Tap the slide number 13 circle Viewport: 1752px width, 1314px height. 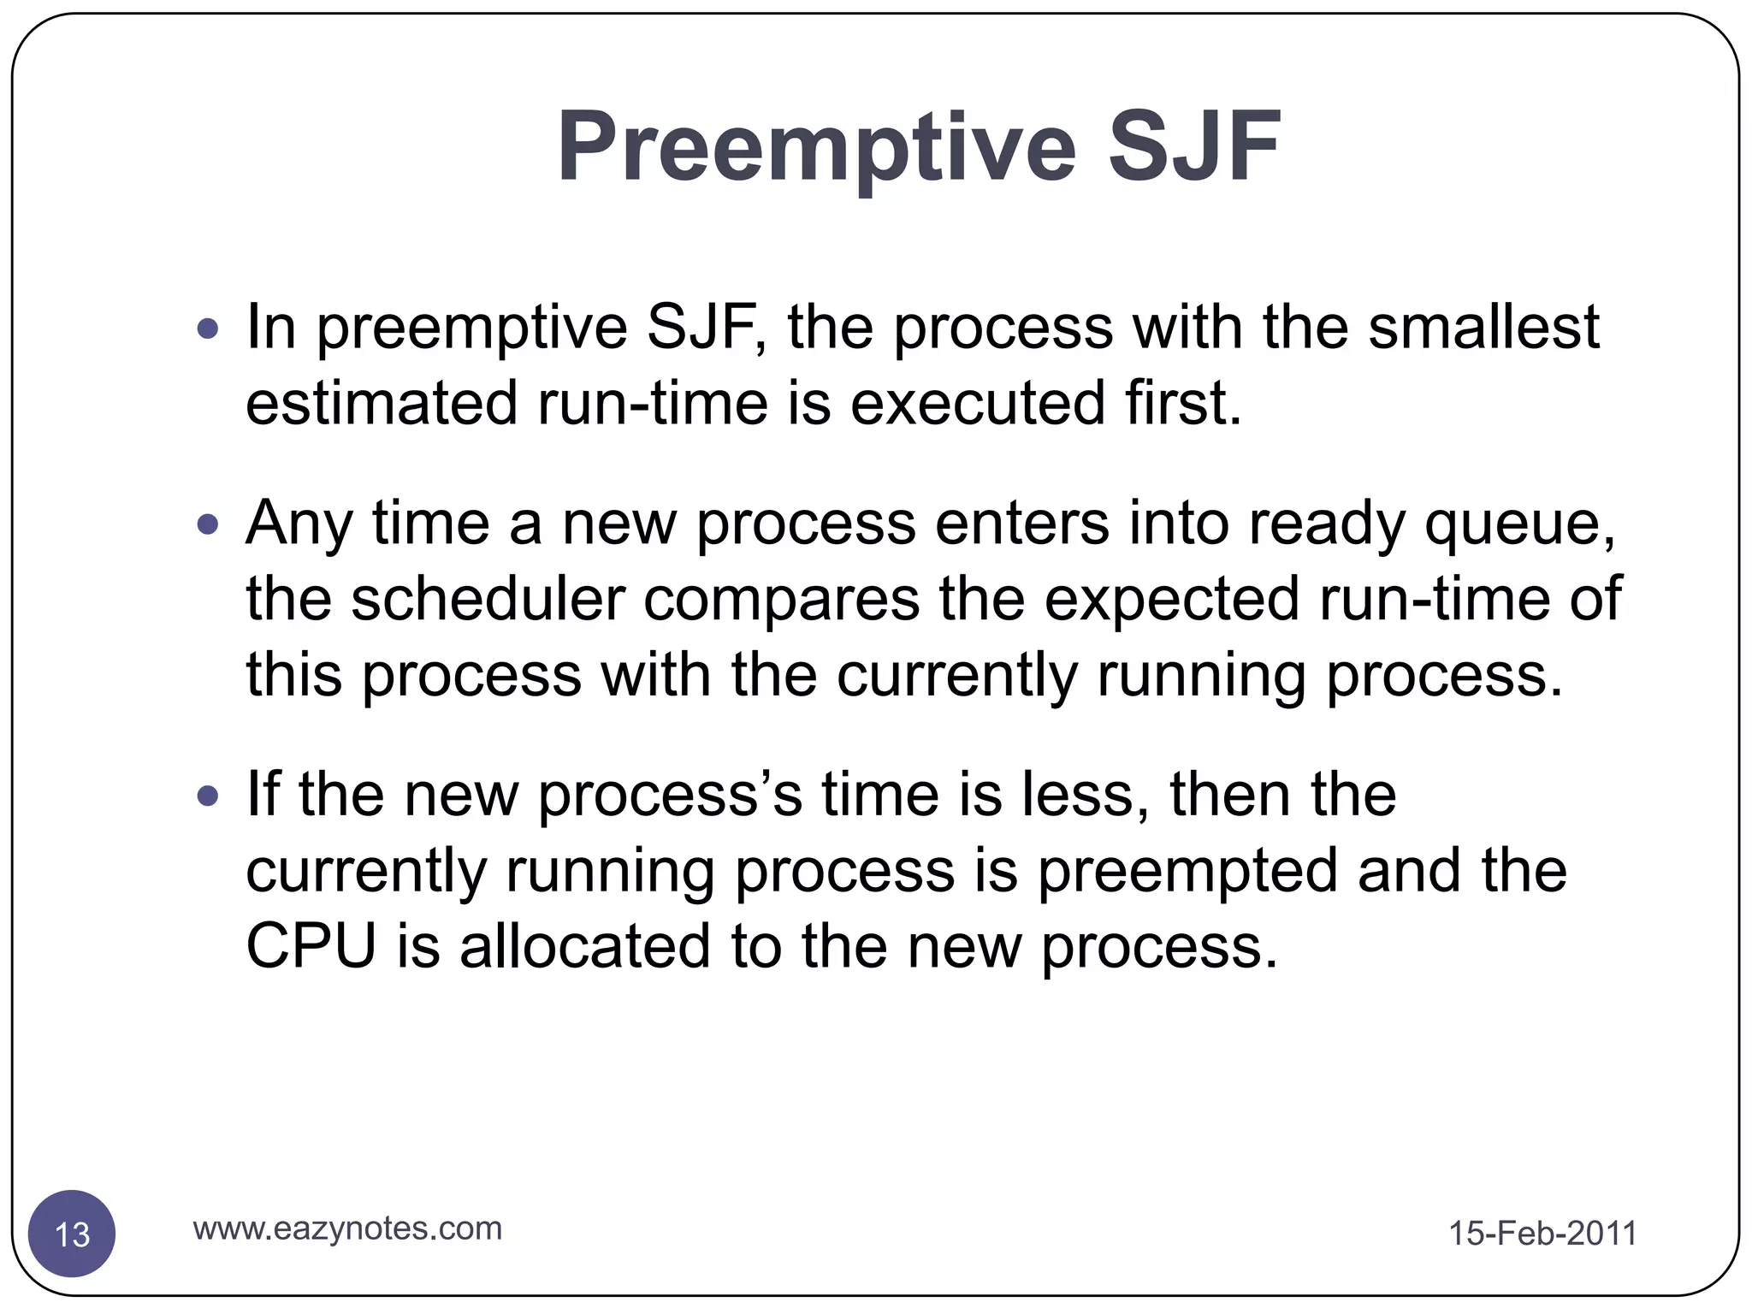pos(72,1234)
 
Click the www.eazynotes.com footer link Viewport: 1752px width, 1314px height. pos(347,1228)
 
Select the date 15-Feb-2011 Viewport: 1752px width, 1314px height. pos(1542,1234)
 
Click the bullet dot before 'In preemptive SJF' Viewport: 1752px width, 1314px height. pos(208,328)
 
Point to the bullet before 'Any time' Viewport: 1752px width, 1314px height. pos(208,524)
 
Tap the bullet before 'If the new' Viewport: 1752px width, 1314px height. pos(208,796)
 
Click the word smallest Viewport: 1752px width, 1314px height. pos(1483,328)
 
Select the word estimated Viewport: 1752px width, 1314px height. pos(382,403)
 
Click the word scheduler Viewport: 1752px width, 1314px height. pos(488,599)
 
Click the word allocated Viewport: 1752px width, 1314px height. pos(584,947)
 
